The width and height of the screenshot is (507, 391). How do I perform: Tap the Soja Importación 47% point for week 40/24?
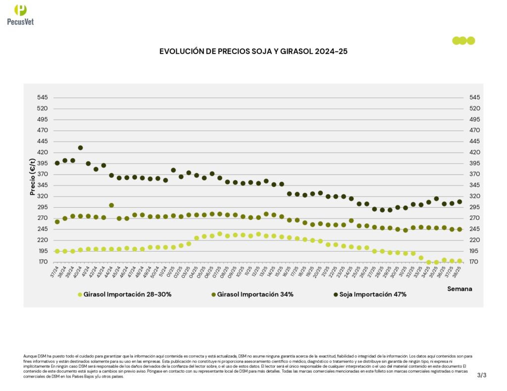coord(80,148)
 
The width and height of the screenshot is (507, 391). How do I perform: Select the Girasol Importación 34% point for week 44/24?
coord(111,205)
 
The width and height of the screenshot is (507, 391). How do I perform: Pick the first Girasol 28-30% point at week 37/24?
coord(57,251)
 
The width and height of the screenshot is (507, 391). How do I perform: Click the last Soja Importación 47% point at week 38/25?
coord(459,202)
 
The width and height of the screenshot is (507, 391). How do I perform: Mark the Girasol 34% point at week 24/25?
coord(351,220)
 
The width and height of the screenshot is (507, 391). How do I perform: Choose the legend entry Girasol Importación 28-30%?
coord(124,295)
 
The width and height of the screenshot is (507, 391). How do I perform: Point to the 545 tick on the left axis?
coord(42,97)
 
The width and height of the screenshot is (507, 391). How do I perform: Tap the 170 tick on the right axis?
coord(474,262)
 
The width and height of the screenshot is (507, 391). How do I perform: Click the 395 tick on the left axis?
coord(42,163)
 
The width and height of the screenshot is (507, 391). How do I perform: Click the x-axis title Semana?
coord(459,288)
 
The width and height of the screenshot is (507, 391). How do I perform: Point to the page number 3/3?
coord(482,375)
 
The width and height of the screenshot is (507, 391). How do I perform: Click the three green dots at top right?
coord(463,41)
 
